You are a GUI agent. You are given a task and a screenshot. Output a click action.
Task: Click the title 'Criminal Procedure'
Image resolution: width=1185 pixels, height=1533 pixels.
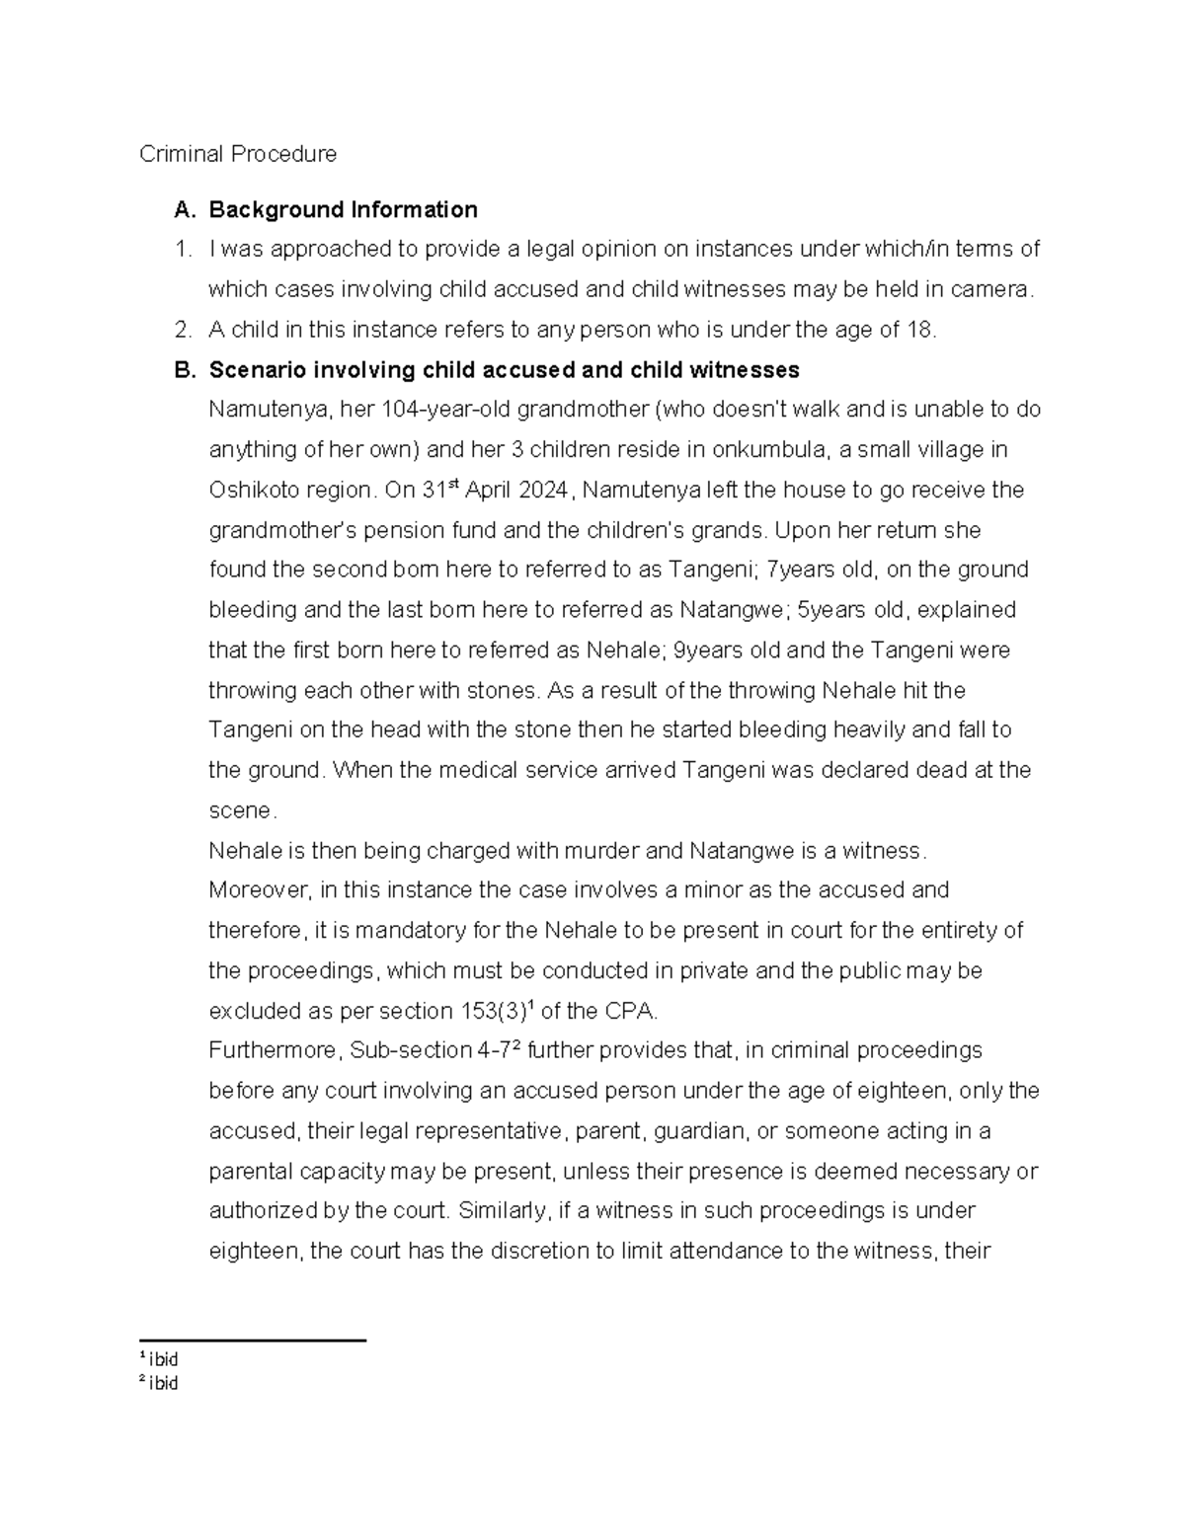click(237, 154)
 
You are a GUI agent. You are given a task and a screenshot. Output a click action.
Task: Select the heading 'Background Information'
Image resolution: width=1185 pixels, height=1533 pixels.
click(343, 209)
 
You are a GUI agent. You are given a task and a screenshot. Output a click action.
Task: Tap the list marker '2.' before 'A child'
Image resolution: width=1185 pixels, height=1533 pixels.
click(184, 330)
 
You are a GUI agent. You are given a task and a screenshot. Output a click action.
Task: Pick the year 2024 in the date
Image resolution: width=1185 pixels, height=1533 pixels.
click(542, 491)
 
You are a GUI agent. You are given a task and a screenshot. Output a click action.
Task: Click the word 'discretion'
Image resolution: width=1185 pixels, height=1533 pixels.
click(532, 1252)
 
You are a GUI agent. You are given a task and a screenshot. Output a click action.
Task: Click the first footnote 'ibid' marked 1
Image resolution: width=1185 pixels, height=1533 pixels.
click(163, 1359)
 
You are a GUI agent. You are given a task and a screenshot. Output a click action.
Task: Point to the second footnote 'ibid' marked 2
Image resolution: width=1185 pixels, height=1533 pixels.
click(163, 1383)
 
